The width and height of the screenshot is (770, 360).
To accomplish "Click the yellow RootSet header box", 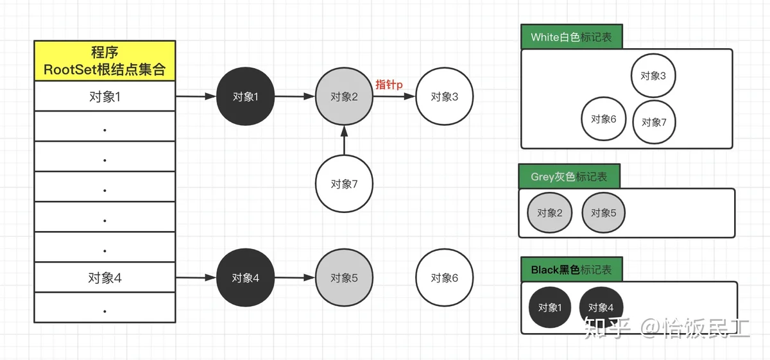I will (105, 61).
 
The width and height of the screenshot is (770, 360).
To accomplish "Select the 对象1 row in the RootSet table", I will (105, 97).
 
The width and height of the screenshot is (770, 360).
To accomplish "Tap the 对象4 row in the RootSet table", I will (105, 278).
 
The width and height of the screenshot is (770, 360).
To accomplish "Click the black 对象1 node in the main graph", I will (246, 97).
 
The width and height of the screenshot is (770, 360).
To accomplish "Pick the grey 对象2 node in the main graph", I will (344, 97).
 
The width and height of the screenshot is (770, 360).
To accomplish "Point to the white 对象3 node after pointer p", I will (444, 97).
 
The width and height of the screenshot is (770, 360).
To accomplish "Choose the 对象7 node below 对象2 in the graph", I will (344, 184).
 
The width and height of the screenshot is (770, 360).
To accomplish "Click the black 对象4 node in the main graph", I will (246, 278).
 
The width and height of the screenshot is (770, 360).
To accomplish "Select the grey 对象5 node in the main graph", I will (344, 278).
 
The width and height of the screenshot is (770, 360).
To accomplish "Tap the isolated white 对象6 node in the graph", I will (444, 278).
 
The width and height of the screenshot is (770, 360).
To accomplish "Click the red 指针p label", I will (389, 84).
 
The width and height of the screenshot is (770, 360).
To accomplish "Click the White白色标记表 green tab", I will (571, 37).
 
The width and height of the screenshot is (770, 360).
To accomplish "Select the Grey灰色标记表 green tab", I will (569, 176).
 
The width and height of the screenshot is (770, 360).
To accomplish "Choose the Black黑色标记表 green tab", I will (571, 270).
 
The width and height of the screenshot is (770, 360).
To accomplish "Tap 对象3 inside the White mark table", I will (653, 76).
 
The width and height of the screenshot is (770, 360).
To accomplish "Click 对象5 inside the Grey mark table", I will (603, 212).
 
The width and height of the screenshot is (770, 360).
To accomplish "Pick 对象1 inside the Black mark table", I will (549, 307).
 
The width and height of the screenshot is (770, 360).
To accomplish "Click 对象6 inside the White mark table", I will (603, 119).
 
